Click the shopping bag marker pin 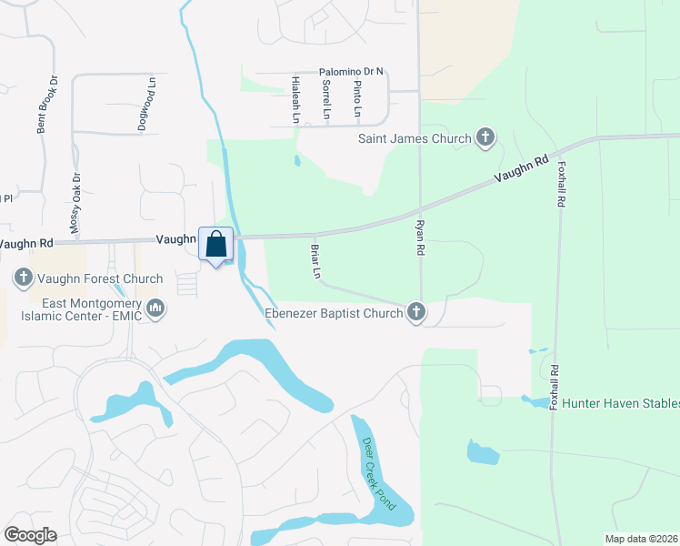215,246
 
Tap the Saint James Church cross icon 485,138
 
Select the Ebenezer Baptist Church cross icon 416,313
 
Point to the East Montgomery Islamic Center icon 155,309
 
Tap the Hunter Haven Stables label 621,403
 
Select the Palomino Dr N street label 352,71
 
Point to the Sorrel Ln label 325,99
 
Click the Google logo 30,535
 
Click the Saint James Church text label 415,138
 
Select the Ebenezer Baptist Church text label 333,313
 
